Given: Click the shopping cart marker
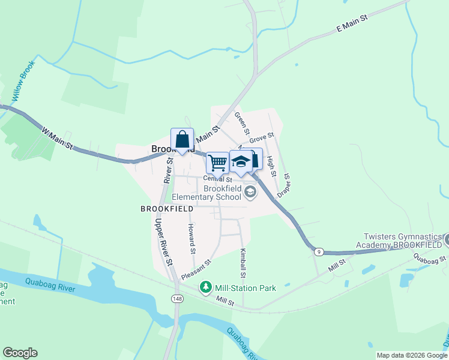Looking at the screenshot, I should point(217,161).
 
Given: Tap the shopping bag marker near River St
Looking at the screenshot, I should point(182,140).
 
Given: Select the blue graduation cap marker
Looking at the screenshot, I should point(241,161).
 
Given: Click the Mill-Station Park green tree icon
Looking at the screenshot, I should point(206,288).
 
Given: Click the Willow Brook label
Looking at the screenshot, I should point(22,86).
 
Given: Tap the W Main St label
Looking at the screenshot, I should point(57,137).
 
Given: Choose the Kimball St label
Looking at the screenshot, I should point(243,264).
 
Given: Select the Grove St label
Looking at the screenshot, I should point(262,138).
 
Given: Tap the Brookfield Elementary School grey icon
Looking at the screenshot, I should point(250,193).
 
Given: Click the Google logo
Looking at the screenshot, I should point(20,353).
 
